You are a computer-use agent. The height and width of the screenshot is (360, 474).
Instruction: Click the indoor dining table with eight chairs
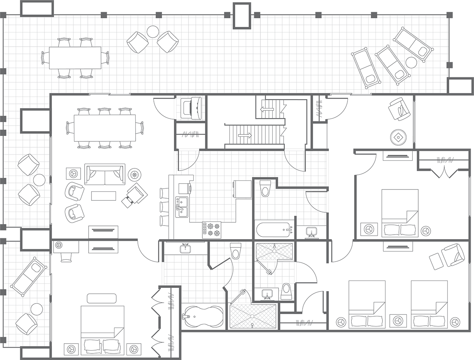pos(105,128)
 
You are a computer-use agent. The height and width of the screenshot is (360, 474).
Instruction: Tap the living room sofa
pos(105,175)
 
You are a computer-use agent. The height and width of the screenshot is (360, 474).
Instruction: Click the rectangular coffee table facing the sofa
pos(103,196)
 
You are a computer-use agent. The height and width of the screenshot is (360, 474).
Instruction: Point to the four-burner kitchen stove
pos(212,230)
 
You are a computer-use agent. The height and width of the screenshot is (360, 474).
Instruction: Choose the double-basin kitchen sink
pos(182,207)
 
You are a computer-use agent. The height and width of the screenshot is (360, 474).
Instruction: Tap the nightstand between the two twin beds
pos(398,321)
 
